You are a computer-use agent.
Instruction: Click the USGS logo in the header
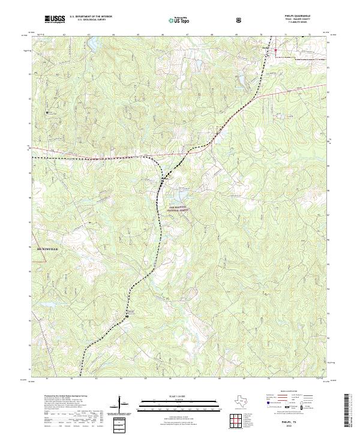coord(55,20)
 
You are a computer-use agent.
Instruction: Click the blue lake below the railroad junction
coord(179,194)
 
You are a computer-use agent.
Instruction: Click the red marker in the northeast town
coord(275,51)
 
